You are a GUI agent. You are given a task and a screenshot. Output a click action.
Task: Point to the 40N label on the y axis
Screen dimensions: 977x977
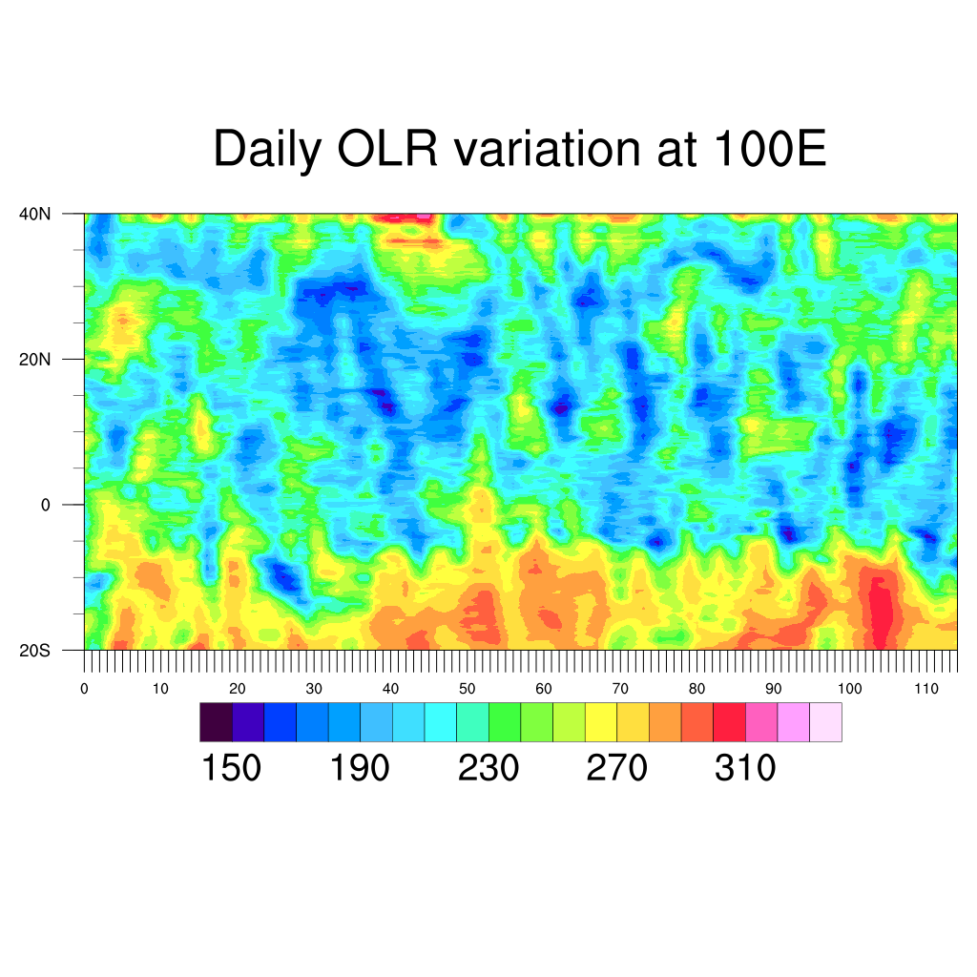tap(35, 214)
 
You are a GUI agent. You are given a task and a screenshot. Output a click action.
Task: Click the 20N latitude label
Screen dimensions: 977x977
tap(35, 360)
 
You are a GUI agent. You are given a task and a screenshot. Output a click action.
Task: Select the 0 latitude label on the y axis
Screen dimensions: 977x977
tap(45, 505)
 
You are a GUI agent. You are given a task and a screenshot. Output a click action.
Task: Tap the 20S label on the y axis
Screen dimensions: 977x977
tap(35, 651)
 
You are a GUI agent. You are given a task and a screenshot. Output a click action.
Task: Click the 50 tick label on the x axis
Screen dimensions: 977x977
tap(468, 689)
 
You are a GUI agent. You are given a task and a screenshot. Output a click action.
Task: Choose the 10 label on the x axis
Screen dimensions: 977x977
tap(160, 689)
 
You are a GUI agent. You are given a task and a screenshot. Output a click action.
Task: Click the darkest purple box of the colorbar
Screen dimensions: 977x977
tap(216, 722)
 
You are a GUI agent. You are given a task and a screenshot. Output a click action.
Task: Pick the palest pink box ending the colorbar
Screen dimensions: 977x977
tap(825, 722)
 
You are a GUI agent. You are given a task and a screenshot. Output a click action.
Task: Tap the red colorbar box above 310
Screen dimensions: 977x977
tap(729, 722)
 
